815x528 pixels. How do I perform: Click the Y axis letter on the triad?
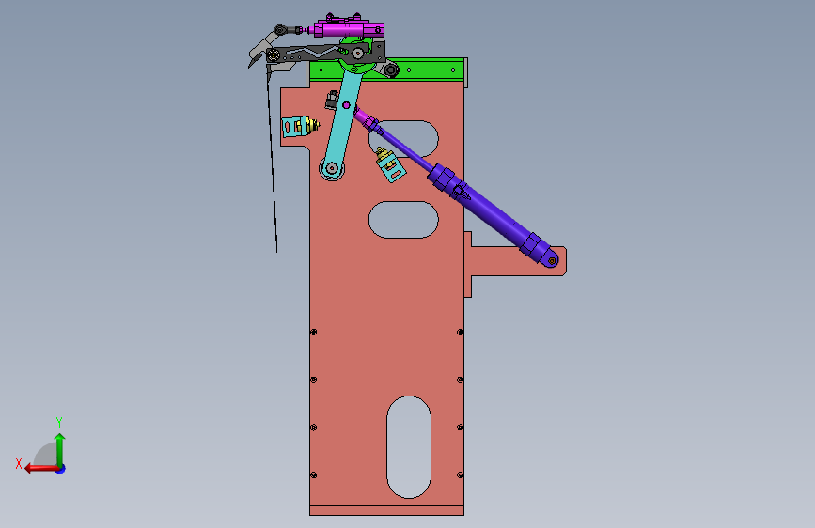59,422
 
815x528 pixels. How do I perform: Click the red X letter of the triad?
19,463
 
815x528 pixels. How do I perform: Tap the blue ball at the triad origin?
61,469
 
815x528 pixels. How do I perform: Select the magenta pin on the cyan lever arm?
346,105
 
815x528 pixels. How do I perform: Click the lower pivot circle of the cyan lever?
332,168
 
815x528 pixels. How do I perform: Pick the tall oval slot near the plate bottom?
409,447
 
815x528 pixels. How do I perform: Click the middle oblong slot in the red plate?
403,219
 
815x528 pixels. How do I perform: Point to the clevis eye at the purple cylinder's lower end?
552,260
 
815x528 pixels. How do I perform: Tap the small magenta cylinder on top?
349,28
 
